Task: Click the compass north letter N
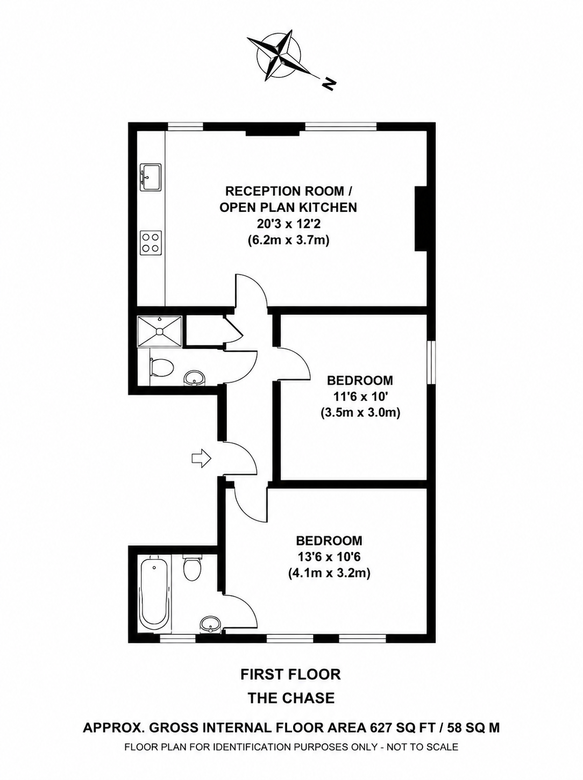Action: [329, 83]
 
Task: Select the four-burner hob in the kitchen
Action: [151, 242]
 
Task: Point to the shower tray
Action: [160, 331]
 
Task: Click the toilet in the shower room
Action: [161, 368]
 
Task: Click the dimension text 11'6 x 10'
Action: [360, 396]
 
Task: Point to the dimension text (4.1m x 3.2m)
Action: [329, 573]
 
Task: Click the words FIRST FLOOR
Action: [291, 674]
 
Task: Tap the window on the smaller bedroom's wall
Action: [431, 362]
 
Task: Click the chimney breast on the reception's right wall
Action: [421, 219]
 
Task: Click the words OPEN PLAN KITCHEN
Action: [288, 207]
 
